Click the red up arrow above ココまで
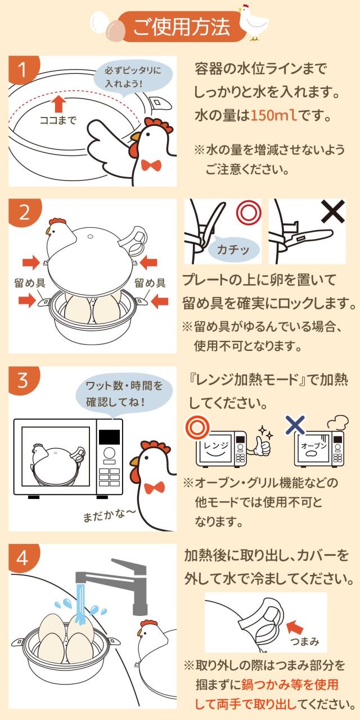[57, 103]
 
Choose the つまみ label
[306, 641]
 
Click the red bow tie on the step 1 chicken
[150, 165]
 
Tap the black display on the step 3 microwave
[109, 437]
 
